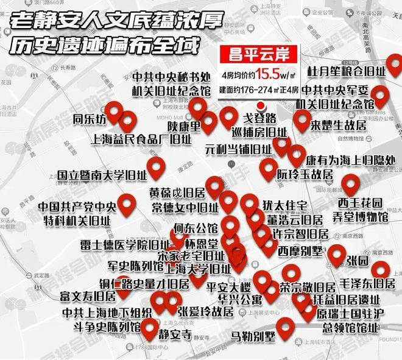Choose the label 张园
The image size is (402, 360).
pos(358,261)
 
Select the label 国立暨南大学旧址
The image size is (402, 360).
pos(98,175)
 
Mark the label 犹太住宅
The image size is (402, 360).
pos(286,203)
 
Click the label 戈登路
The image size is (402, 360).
pos(260,116)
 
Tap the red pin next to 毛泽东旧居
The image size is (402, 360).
pos(381,269)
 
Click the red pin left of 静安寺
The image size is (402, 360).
pos(150,330)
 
